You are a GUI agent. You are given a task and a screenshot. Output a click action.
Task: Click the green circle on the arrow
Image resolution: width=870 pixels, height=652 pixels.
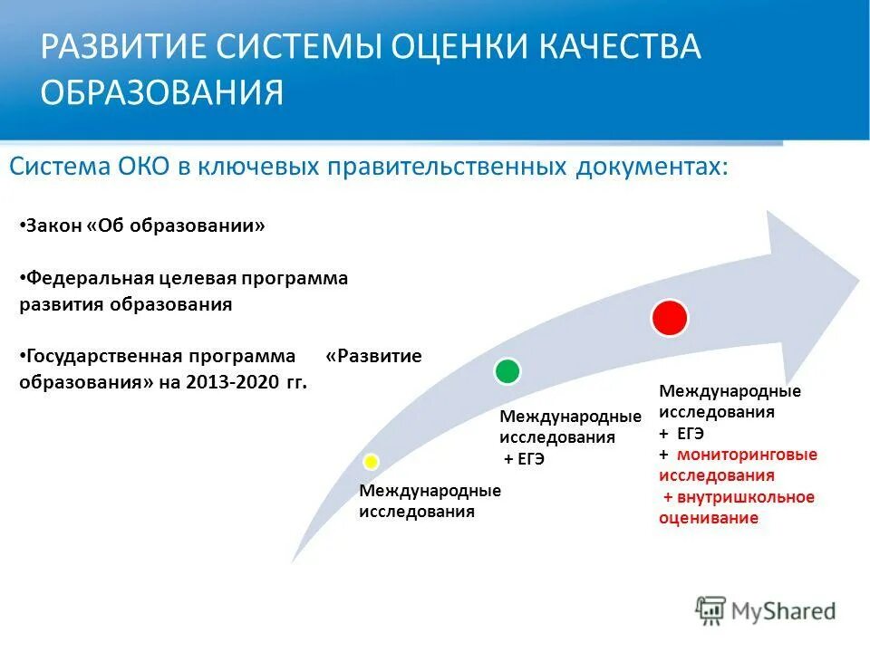507,370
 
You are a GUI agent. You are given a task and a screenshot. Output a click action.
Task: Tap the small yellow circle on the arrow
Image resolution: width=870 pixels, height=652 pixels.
371,462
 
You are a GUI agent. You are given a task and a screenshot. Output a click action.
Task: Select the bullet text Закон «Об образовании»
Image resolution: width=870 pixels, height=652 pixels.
145,225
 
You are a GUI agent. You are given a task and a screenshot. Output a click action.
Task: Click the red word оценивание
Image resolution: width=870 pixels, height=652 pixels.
708,518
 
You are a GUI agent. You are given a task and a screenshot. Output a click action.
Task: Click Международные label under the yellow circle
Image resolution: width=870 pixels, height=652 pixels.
430,491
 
